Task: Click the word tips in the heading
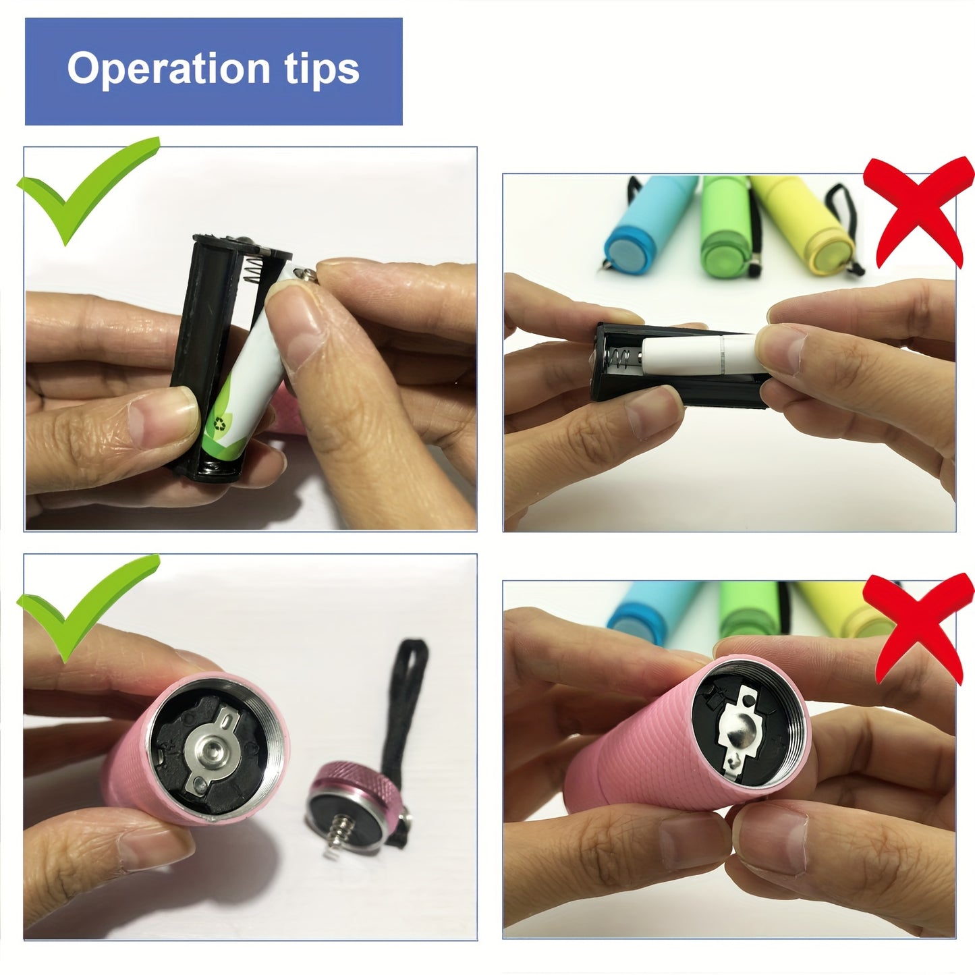322,70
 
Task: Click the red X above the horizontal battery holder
918,211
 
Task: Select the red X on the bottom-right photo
918,626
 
